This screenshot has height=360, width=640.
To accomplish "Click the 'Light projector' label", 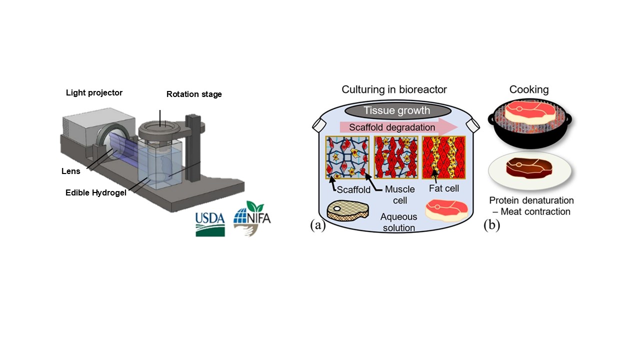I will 94,93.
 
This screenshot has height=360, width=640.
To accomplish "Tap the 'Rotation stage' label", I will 194,94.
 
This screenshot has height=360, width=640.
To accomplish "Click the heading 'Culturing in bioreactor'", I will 394,90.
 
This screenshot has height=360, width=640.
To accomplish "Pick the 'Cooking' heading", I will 529,90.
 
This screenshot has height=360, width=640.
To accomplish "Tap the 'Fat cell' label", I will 443,189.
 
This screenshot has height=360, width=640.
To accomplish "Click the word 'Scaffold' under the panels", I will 354,190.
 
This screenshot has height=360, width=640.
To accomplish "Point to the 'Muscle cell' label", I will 399,195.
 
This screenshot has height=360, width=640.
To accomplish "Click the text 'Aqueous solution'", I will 398,222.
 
